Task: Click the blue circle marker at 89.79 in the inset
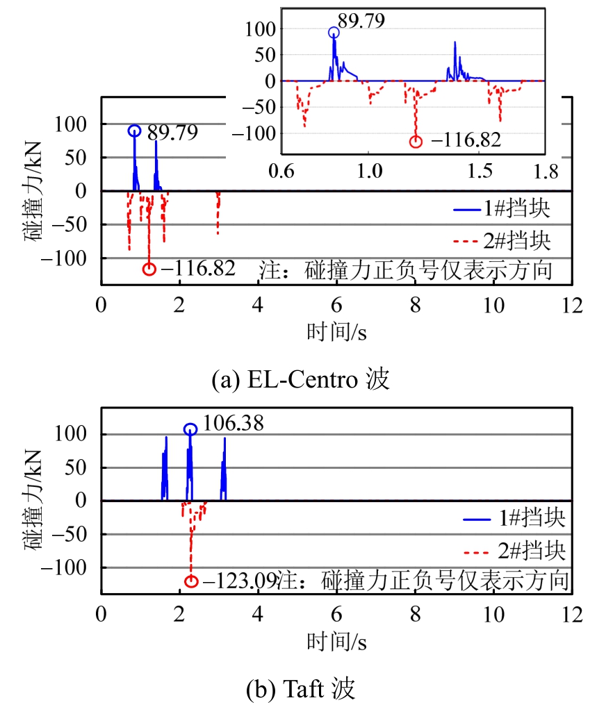click(x=334, y=32)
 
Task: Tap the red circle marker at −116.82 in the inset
click(x=416, y=141)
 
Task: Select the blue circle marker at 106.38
click(x=190, y=429)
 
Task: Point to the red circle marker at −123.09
click(x=191, y=581)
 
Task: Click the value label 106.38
click(x=233, y=423)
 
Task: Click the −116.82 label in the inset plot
click(x=466, y=140)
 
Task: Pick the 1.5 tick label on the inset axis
click(x=480, y=171)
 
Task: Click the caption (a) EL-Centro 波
click(x=300, y=380)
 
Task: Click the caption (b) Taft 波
click(x=300, y=689)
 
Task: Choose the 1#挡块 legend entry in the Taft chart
click(x=514, y=517)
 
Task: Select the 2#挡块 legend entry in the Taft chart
click(x=514, y=551)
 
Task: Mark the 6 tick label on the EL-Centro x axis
click(x=336, y=304)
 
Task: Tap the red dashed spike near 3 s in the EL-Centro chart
click(x=218, y=213)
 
